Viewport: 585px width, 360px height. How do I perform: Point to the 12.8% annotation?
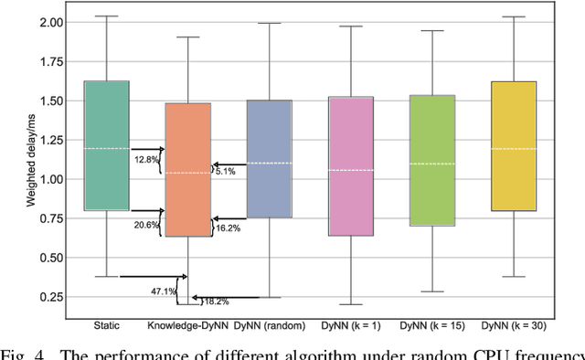click(x=146, y=160)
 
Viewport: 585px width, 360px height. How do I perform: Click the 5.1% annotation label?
click(x=225, y=171)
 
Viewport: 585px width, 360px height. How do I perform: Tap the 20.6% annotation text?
click(x=146, y=225)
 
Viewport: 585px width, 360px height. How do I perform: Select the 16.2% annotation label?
click(x=229, y=228)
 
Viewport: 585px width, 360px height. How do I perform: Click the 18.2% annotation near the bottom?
click(x=216, y=301)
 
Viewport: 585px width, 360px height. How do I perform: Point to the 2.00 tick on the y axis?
click(x=51, y=21)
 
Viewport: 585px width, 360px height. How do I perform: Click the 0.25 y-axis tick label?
click(x=51, y=297)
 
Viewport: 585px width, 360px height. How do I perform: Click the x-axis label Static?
click(x=106, y=324)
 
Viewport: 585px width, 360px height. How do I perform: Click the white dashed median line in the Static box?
click(x=106, y=148)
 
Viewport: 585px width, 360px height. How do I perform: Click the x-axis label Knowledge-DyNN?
click(x=186, y=324)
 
